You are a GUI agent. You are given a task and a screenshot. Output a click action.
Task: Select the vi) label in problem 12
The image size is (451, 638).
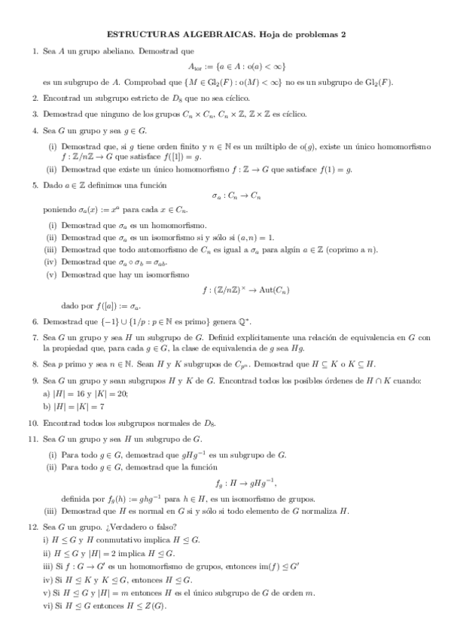tap(47, 606)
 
